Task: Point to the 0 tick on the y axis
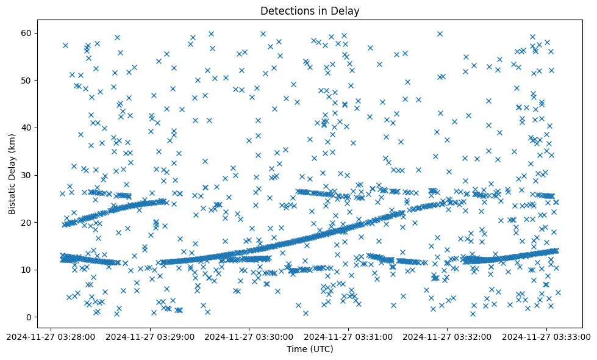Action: [x=27, y=317]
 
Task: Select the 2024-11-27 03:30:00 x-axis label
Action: [x=250, y=336]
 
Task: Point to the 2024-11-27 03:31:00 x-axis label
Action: [x=349, y=336]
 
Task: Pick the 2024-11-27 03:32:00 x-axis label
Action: [x=447, y=336]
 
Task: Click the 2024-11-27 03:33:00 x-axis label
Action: [x=546, y=336]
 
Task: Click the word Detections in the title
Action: [x=284, y=10]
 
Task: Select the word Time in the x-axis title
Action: [x=296, y=350]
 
